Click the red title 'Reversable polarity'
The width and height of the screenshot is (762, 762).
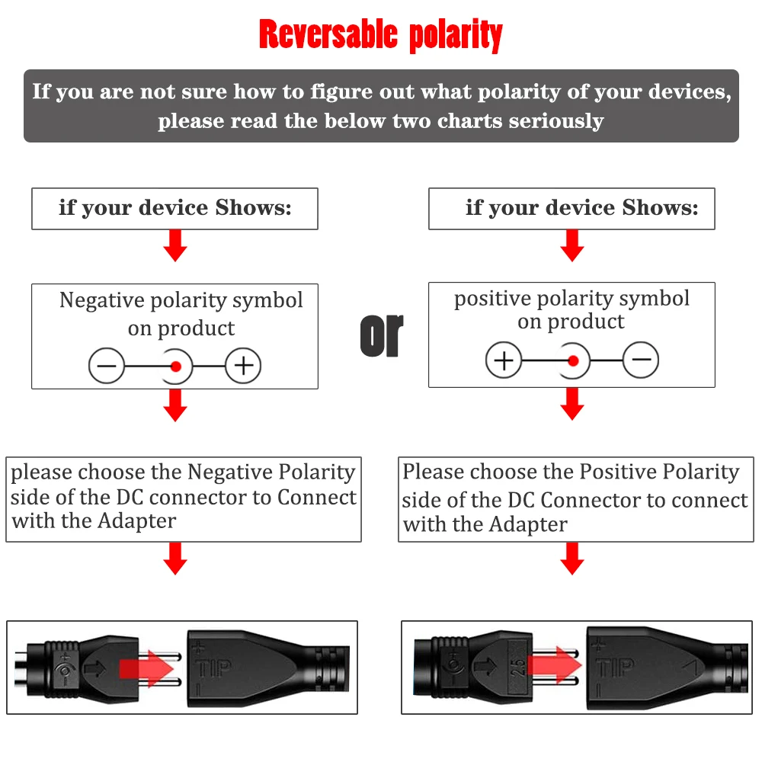coord(380,35)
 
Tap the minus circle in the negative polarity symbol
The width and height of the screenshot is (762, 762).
coord(107,367)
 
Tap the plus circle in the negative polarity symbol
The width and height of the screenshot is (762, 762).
coord(243,367)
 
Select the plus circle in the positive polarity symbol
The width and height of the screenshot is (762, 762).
coord(504,360)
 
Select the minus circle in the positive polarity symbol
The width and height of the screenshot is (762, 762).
coord(641,360)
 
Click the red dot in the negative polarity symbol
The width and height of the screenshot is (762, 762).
coord(176,367)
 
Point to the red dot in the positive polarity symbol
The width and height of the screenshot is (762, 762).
coord(573,360)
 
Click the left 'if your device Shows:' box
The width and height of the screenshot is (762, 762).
coord(174,208)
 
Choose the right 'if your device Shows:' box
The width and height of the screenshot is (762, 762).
coord(571,208)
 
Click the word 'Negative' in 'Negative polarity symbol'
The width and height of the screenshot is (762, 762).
coord(102,300)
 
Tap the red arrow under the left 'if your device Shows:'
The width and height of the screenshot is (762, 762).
coord(175,245)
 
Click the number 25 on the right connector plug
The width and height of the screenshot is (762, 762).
coord(518,668)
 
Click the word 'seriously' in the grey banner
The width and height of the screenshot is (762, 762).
coord(556,121)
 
